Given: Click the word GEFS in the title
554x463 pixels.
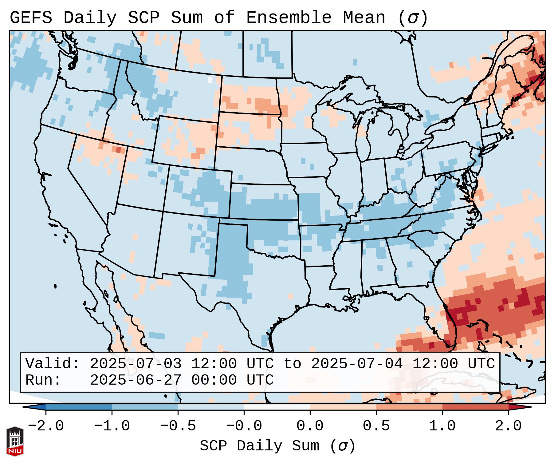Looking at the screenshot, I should coord(31,18).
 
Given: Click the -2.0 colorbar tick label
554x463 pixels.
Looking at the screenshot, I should coord(46,426).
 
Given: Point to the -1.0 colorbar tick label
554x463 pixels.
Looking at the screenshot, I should coord(112,426).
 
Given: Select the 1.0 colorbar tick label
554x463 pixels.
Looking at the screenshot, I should coord(442,426).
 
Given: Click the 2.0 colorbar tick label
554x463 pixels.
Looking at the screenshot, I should coord(509,426).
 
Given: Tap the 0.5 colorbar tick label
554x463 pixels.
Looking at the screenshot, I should coord(376,426).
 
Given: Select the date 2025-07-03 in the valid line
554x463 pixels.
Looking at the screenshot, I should coord(136,364).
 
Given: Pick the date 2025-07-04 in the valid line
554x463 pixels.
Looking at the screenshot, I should coord(357,364).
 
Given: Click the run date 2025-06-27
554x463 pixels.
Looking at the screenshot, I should coord(136,380).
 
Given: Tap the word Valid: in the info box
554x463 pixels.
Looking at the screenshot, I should coord(53,364).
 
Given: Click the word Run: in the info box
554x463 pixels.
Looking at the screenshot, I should coord(43,380).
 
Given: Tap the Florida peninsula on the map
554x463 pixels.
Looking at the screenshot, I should coord(450,323).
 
